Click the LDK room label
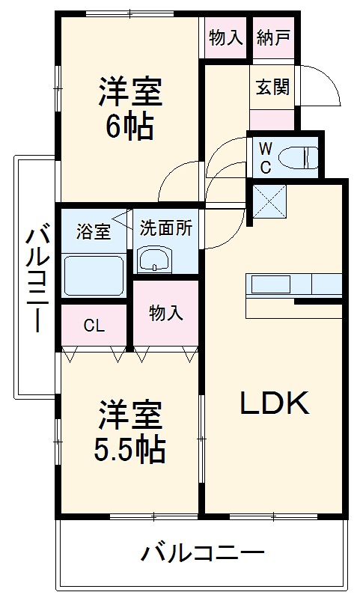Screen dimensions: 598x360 point(274,404)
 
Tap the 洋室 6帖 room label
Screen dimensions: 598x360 point(129,108)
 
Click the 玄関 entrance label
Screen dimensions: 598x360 point(272,87)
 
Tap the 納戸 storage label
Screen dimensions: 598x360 point(273,37)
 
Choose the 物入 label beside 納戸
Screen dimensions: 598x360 point(226,37)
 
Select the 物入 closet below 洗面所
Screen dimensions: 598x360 point(165,312)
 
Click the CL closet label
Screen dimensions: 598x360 point(94,326)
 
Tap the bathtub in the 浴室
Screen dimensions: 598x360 point(94,275)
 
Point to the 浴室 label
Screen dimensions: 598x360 point(94,232)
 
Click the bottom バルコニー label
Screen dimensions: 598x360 point(203,555)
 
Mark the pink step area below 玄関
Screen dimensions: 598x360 point(272,120)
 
